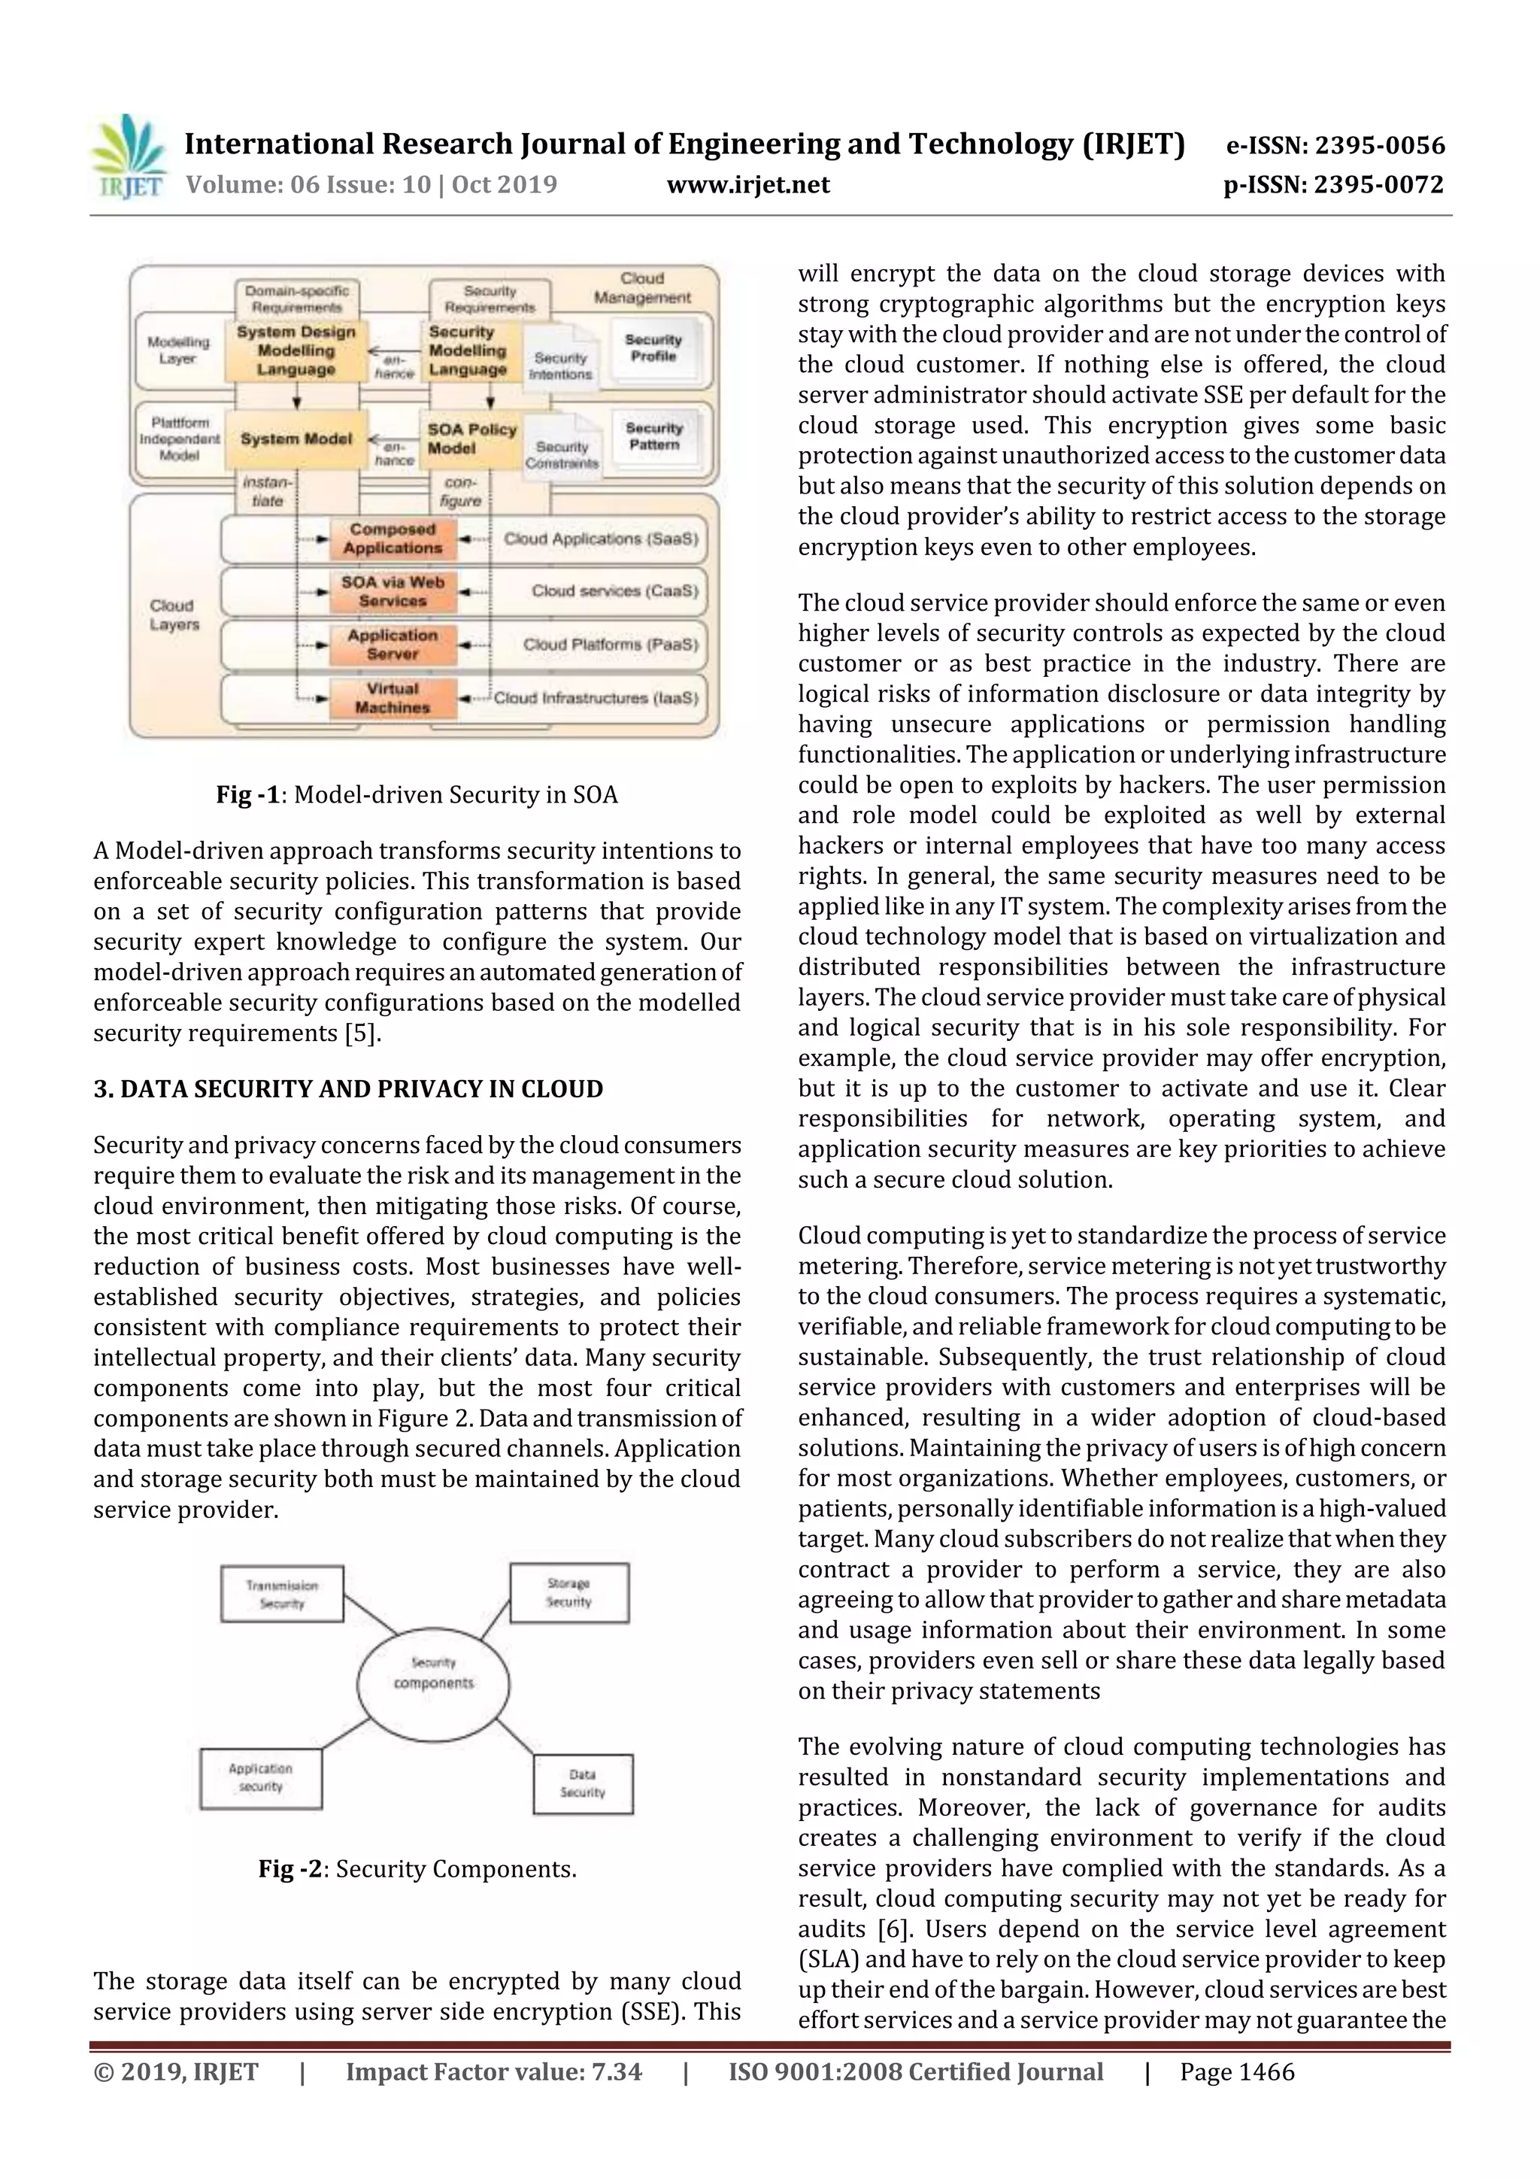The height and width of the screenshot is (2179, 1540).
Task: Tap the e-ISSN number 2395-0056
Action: click(x=1378, y=145)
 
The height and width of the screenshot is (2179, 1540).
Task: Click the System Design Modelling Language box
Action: click(x=296, y=351)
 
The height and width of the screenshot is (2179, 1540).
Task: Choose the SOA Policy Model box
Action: click(x=471, y=439)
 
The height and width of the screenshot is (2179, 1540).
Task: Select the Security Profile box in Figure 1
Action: click(x=653, y=348)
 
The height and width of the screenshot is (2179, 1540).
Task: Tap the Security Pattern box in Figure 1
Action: click(x=653, y=436)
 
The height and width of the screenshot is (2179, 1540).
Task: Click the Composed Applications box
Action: click(x=393, y=539)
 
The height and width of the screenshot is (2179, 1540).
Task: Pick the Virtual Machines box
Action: click(x=393, y=699)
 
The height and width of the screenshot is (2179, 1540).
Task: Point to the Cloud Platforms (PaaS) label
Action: click(x=610, y=645)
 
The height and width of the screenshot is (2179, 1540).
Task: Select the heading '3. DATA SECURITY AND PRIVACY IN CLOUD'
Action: click(x=348, y=1088)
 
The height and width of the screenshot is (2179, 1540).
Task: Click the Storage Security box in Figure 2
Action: click(x=569, y=1592)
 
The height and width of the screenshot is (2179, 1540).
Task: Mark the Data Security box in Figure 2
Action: click(x=583, y=1783)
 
